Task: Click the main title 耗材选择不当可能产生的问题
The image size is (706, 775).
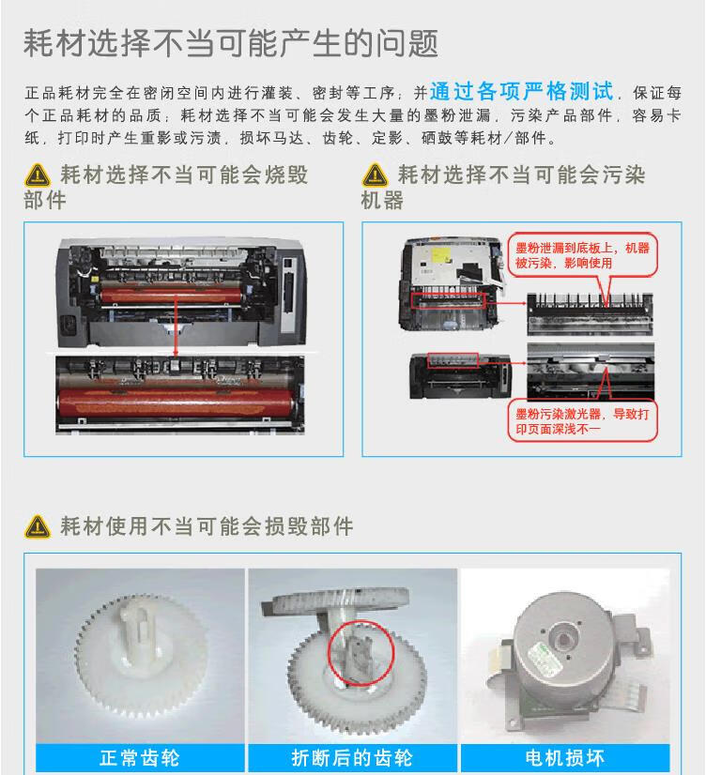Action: [231, 43]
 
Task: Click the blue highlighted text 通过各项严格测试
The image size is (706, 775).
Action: [522, 91]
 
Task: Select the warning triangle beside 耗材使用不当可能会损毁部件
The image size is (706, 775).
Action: [37, 526]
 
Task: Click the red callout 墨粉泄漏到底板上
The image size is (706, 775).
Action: [582, 255]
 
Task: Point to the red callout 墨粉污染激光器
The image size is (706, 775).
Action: [582, 420]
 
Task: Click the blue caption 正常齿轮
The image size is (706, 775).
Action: [140, 758]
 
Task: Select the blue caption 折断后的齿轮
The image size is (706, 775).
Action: [352, 758]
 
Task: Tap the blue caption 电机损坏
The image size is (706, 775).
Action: [564, 758]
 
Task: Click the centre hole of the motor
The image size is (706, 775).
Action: [562, 641]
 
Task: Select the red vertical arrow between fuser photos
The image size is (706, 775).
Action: [176, 327]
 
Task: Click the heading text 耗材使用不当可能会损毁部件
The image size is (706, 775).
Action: [207, 526]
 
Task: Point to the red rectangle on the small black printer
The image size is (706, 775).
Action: [453, 360]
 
